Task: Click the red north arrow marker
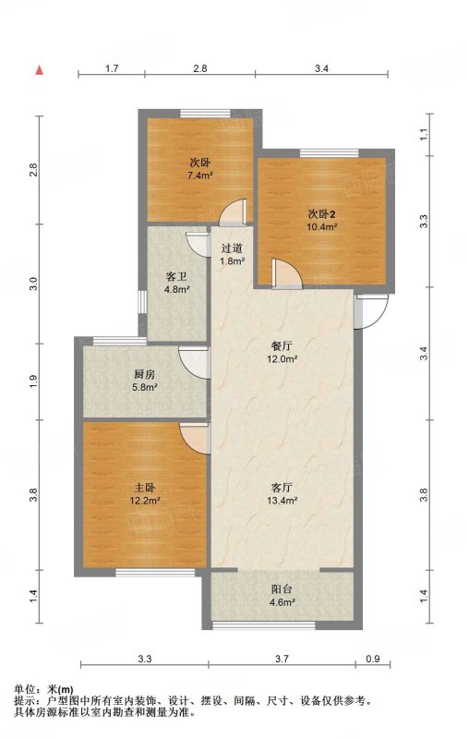click(40, 70)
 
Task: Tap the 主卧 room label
click(145, 488)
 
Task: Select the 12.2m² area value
click(145, 501)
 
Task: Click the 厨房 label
click(144, 375)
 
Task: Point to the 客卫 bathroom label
click(176, 277)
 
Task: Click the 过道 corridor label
click(232, 248)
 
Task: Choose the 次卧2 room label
click(322, 214)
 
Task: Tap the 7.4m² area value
click(200, 176)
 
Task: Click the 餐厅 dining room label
click(283, 346)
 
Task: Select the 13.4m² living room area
click(283, 501)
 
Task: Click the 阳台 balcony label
click(283, 589)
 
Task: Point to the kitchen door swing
click(194, 362)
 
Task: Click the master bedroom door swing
click(195, 438)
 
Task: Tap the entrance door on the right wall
click(371, 311)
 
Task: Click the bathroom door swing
click(198, 244)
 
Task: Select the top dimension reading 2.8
click(200, 68)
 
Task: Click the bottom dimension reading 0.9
click(372, 659)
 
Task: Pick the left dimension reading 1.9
click(33, 382)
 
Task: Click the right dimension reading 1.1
click(424, 134)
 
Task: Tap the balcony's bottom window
click(264, 625)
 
